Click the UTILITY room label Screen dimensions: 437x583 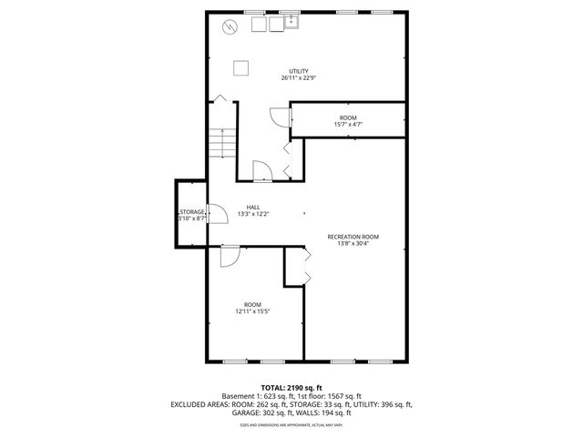(x=298, y=71)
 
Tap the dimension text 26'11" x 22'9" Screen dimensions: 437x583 (x=298, y=78)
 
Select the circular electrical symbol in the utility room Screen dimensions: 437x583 (x=230, y=26)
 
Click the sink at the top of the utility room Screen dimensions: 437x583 (x=292, y=22)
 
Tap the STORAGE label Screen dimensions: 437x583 (x=191, y=212)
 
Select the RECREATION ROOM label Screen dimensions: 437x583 (x=353, y=237)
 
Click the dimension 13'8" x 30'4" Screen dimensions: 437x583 (x=353, y=244)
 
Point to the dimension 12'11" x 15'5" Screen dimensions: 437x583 (x=252, y=311)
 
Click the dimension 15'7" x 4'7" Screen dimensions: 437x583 (x=348, y=125)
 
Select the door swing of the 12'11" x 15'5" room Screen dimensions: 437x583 (x=230, y=256)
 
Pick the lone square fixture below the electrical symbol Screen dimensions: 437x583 (x=241, y=66)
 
